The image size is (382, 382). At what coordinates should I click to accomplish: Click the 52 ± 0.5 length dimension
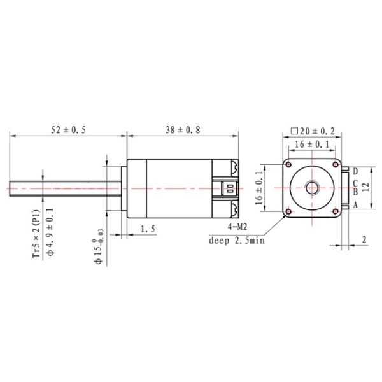click(x=69, y=130)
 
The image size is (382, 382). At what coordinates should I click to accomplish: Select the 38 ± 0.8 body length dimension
click(x=183, y=130)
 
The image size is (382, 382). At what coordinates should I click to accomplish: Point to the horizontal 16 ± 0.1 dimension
click(x=312, y=145)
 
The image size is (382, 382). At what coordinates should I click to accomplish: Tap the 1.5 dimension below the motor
click(x=148, y=228)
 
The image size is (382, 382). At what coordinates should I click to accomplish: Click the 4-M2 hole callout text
click(x=237, y=227)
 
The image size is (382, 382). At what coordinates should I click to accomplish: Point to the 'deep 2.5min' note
click(x=236, y=240)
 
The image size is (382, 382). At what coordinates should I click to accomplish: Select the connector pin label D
click(x=355, y=171)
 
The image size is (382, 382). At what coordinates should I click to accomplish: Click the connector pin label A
click(x=355, y=204)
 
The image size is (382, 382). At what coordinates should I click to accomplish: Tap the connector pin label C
click(x=355, y=182)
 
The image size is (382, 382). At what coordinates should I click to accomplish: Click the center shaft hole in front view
click(x=312, y=188)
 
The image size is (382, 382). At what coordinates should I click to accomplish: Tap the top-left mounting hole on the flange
click(x=290, y=165)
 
